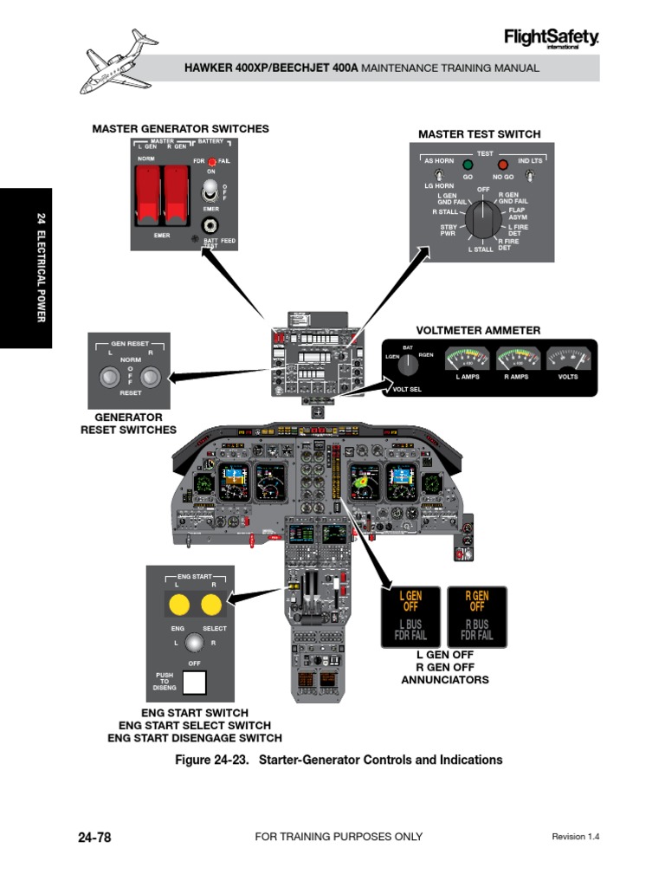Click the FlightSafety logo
(551, 38)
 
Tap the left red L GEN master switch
(147, 192)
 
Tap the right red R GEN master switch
(178, 192)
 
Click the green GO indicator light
(468, 165)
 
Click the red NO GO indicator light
(502, 165)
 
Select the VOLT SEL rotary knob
(407, 366)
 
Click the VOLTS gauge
(568, 359)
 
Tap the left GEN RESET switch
(109, 377)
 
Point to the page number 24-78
(94, 837)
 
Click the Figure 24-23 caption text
(339, 760)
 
